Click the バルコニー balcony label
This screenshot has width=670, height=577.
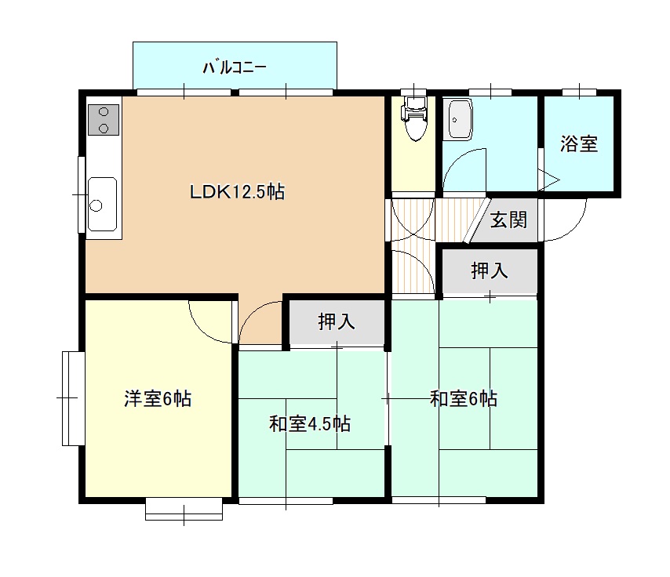[x=235, y=67]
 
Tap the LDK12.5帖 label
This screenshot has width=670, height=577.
[x=237, y=192]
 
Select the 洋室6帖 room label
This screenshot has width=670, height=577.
[x=158, y=398]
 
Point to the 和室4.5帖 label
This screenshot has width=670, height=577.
[x=310, y=423]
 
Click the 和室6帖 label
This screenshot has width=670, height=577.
[x=464, y=398]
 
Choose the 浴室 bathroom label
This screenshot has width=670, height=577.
[x=578, y=144]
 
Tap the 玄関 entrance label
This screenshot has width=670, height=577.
[x=508, y=220]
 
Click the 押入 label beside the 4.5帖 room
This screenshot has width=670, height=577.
[x=337, y=321]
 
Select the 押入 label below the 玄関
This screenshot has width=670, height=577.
[x=490, y=270]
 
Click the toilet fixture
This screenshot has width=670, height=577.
[x=414, y=118]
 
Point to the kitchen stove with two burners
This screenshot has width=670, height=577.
[x=104, y=120]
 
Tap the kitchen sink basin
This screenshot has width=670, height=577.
[x=103, y=204]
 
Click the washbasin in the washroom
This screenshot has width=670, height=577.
[x=457, y=120]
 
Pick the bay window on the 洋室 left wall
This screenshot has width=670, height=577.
[x=74, y=398]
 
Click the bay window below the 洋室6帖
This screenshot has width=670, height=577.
[x=184, y=509]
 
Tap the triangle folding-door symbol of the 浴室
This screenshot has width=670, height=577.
[x=548, y=180]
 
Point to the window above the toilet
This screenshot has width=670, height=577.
[x=413, y=92]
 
